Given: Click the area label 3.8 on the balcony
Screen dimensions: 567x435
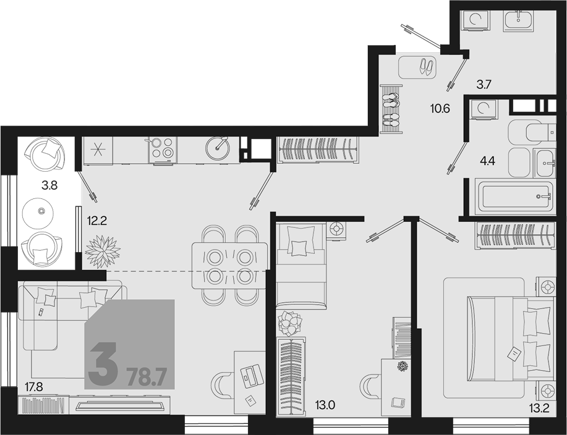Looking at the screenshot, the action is click(49, 186).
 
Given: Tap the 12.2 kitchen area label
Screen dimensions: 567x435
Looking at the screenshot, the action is click(97, 221).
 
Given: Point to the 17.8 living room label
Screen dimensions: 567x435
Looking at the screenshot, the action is click(33, 387).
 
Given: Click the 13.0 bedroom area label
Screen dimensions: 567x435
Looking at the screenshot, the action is click(325, 405).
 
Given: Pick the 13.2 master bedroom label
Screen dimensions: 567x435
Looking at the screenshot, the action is click(539, 408).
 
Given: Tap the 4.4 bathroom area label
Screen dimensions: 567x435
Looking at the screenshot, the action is click(487, 161).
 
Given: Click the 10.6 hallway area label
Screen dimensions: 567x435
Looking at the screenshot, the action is click(440, 108).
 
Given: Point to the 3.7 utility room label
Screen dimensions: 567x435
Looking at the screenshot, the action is click(484, 85).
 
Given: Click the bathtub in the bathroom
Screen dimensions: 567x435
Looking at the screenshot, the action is click(516, 196).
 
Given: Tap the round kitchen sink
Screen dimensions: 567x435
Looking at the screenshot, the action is click(217, 148).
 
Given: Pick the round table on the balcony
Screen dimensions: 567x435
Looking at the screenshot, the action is click(38, 213).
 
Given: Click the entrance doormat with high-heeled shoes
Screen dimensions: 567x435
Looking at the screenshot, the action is click(417, 67).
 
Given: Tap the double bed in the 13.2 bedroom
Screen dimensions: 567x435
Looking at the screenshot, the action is click(511, 339).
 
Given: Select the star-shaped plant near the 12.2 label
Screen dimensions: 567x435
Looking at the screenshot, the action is click(103, 251).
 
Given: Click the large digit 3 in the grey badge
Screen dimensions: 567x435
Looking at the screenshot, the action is click(103, 364).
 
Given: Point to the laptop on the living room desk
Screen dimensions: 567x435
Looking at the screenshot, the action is click(250, 376).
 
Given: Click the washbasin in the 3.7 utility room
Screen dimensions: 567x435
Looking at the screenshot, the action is click(519, 21).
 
